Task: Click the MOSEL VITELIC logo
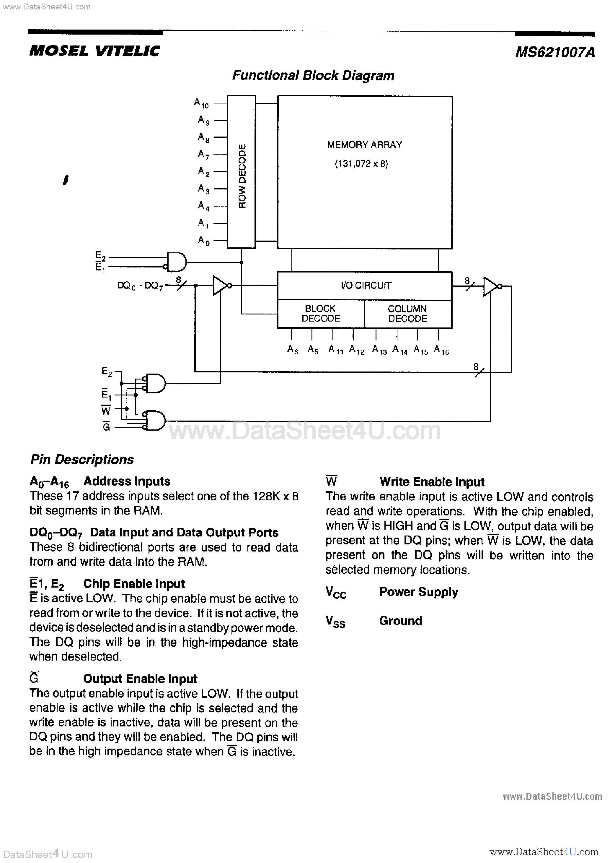95,51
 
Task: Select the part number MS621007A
555,52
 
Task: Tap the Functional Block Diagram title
313,76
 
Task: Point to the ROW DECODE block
242,172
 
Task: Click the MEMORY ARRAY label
364,145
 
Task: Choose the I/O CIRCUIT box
364,286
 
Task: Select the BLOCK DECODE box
320,314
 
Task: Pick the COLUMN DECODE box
407,314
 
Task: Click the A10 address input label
201,103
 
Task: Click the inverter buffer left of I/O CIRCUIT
221,286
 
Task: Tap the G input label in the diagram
106,426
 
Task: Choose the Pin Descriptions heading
82,459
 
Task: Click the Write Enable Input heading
432,482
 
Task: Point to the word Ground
400,621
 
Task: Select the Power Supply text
418,592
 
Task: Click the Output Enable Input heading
140,679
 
